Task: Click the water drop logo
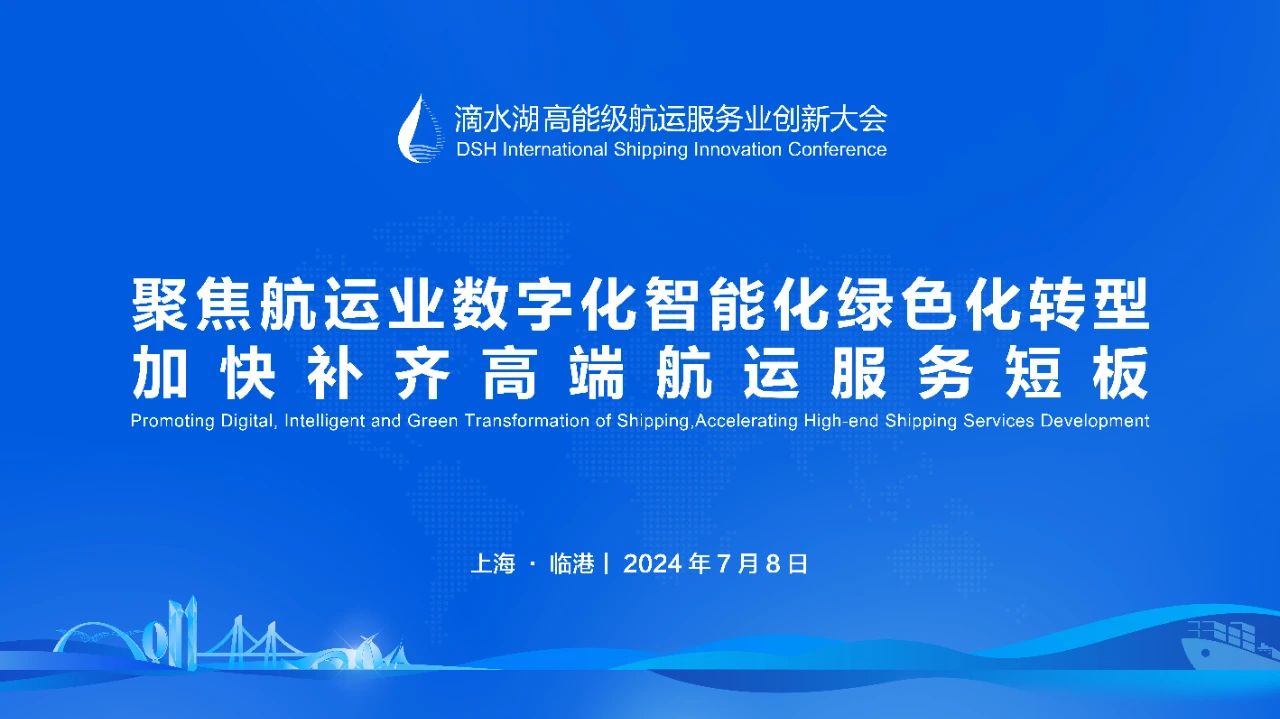pos(421,129)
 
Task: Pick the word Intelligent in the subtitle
pos(324,421)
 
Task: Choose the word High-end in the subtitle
pos(842,421)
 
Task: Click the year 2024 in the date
pos(653,564)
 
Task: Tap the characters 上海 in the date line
pos(493,564)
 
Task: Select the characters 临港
pos(572,564)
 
